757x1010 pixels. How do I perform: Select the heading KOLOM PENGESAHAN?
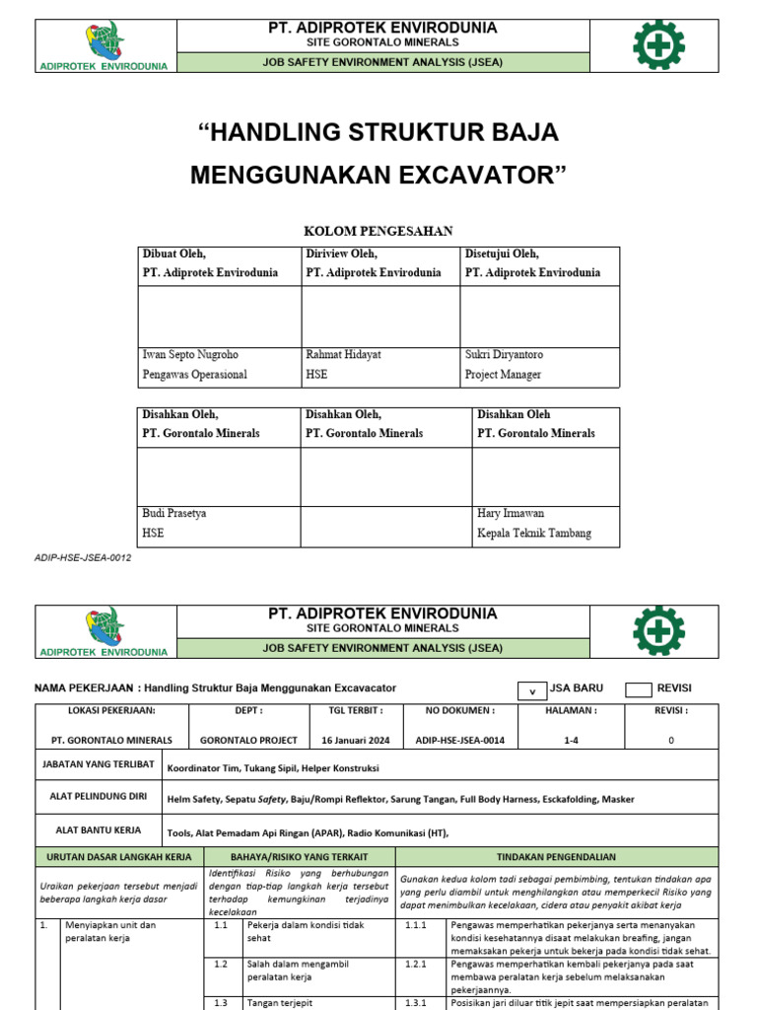coord(378,231)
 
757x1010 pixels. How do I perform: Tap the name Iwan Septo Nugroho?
coord(190,354)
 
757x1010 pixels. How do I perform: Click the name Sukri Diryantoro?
coord(504,354)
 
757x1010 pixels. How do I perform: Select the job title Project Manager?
coord(503,375)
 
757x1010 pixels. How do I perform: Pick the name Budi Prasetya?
coord(174,513)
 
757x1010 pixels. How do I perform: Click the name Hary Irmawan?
coord(511,513)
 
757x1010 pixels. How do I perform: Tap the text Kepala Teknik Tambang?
coord(534,534)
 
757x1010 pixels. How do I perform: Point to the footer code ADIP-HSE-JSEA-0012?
coord(83,558)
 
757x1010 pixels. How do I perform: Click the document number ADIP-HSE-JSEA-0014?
coord(459,740)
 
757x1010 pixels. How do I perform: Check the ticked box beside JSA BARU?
coord(531,690)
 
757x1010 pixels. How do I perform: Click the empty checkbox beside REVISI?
coord(639,690)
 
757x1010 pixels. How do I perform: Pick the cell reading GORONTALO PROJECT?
coord(248,740)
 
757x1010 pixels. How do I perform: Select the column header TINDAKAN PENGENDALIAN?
coord(557,857)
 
